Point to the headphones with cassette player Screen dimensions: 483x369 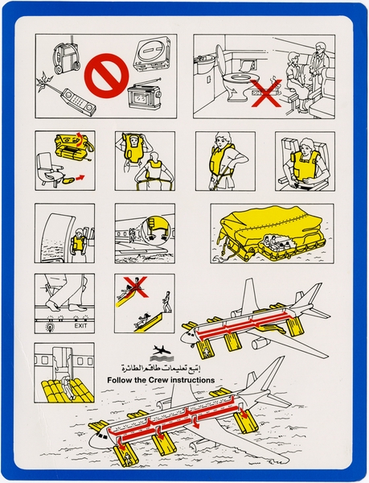(x=63, y=56)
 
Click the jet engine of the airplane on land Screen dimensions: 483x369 (x=260, y=343)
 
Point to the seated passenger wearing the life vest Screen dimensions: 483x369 (x=303, y=161)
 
